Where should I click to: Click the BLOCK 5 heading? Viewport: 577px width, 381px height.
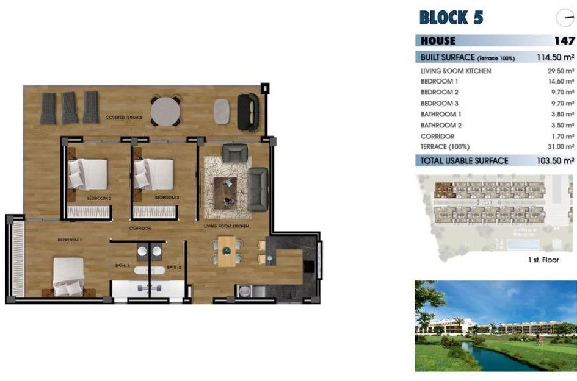[x=451, y=18]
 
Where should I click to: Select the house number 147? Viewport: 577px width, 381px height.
[x=564, y=41]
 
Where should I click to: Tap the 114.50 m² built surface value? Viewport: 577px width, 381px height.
[x=554, y=57]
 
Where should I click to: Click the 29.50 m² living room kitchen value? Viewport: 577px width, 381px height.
[x=561, y=71]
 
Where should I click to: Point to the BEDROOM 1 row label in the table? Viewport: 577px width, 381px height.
[x=440, y=82]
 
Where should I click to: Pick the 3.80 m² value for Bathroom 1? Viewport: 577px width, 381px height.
[x=562, y=115]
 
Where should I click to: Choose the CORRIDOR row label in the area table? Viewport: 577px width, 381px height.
[x=437, y=137]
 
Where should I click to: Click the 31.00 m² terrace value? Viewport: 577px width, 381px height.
[x=561, y=147]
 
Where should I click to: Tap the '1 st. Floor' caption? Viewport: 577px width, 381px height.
[x=543, y=260]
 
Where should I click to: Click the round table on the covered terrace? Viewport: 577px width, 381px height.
[x=165, y=111]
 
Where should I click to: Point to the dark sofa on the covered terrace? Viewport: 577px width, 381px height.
[x=248, y=112]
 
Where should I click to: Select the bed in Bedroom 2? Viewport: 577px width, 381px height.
[x=88, y=174]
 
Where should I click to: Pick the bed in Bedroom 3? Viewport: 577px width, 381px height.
[x=154, y=174]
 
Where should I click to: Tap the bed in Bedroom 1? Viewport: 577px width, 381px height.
[x=68, y=276]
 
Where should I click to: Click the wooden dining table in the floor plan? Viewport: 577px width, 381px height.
[x=227, y=251]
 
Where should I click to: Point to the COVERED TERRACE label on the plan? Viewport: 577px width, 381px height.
[x=123, y=117]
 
